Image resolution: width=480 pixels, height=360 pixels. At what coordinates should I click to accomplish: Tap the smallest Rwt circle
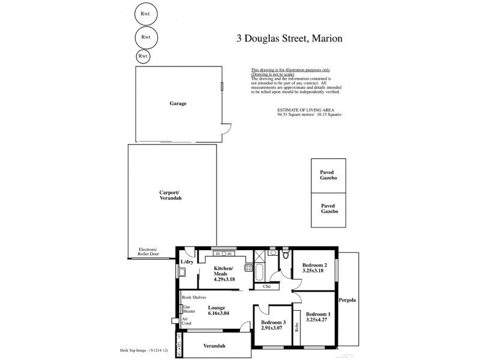pyautogui.click(x=143, y=56)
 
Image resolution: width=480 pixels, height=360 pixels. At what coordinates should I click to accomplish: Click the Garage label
pyautogui.click(x=178, y=103)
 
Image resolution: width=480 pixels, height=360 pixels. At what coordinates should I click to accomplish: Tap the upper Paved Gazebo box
pyautogui.click(x=328, y=175)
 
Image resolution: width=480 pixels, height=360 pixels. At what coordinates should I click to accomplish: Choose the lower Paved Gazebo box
pyautogui.click(x=328, y=209)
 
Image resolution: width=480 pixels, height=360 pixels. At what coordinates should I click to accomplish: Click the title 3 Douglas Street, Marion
pyautogui.click(x=289, y=38)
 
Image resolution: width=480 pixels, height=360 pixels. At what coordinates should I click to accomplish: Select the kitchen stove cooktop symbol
pyautogui.click(x=248, y=268)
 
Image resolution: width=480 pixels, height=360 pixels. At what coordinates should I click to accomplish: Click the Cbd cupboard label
pyautogui.click(x=267, y=286)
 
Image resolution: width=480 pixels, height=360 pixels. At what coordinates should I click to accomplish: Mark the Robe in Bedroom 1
pyautogui.click(x=296, y=328)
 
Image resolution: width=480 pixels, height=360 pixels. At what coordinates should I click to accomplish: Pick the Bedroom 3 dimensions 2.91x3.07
pyautogui.click(x=272, y=328)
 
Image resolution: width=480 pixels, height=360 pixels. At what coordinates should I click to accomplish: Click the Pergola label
pyautogui.click(x=349, y=299)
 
